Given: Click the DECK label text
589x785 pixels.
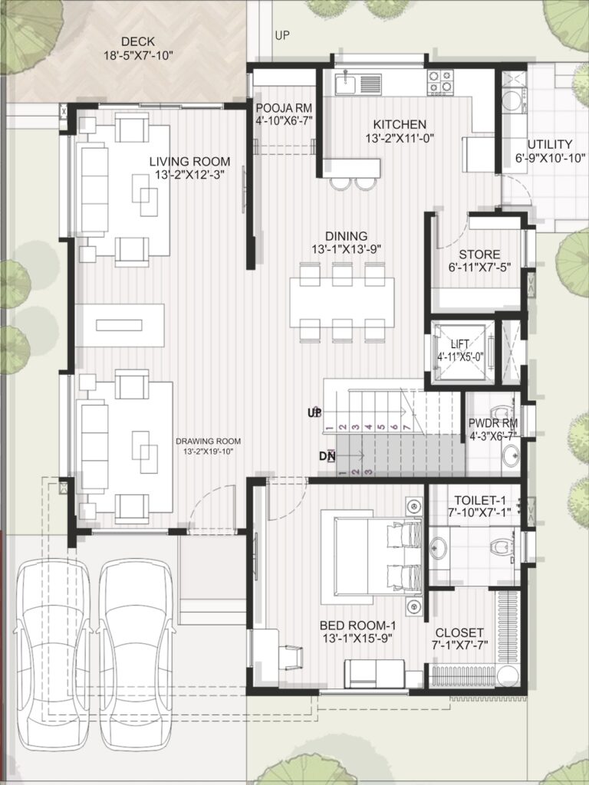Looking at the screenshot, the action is click(x=138, y=41).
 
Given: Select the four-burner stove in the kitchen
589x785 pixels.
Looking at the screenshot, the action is click(x=440, y=83).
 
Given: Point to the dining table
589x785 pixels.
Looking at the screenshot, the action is click(x=342, y=302).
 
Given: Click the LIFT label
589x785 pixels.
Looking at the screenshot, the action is click(x=460, y=344).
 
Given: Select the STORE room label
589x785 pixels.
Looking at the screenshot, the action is click(x=479, y=255).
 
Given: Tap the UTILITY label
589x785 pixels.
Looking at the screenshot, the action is click(x=549, y=145).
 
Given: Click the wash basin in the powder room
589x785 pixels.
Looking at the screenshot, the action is click(x=511, y=456).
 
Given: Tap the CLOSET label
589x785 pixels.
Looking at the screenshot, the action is click(x=459, y=632).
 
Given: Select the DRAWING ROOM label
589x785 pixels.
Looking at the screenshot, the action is click(x=209, y=442).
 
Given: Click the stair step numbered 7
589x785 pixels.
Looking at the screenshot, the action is click(x=406, y=427).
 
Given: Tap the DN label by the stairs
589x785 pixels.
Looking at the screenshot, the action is click(x=327, y=456).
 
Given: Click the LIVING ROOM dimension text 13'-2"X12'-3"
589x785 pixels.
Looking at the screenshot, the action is click(x=190, y=175).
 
